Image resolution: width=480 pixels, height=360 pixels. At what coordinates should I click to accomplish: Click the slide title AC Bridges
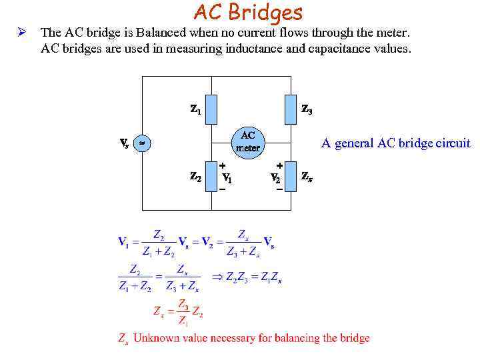[x=248, y=12]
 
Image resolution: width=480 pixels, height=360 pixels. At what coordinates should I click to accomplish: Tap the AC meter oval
[x=248, y=141]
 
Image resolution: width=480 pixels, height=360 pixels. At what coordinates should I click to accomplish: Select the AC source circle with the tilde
[x=142, y=143]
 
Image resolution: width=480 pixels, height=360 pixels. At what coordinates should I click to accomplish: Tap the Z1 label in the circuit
[x=195, y=109]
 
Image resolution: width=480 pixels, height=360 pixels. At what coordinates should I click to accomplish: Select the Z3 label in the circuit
[x=307, y=109]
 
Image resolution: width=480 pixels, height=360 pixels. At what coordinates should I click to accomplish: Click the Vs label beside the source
[x=125, y=143]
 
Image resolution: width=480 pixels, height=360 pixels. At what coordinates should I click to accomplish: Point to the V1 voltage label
[x=227, y=178]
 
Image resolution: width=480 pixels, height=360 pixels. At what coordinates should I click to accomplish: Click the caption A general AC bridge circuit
[x=395, y=143]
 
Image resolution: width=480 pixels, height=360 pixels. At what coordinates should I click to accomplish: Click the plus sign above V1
[x=223, y=164]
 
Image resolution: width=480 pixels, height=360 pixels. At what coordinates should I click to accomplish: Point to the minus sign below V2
[x=279, y=190]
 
